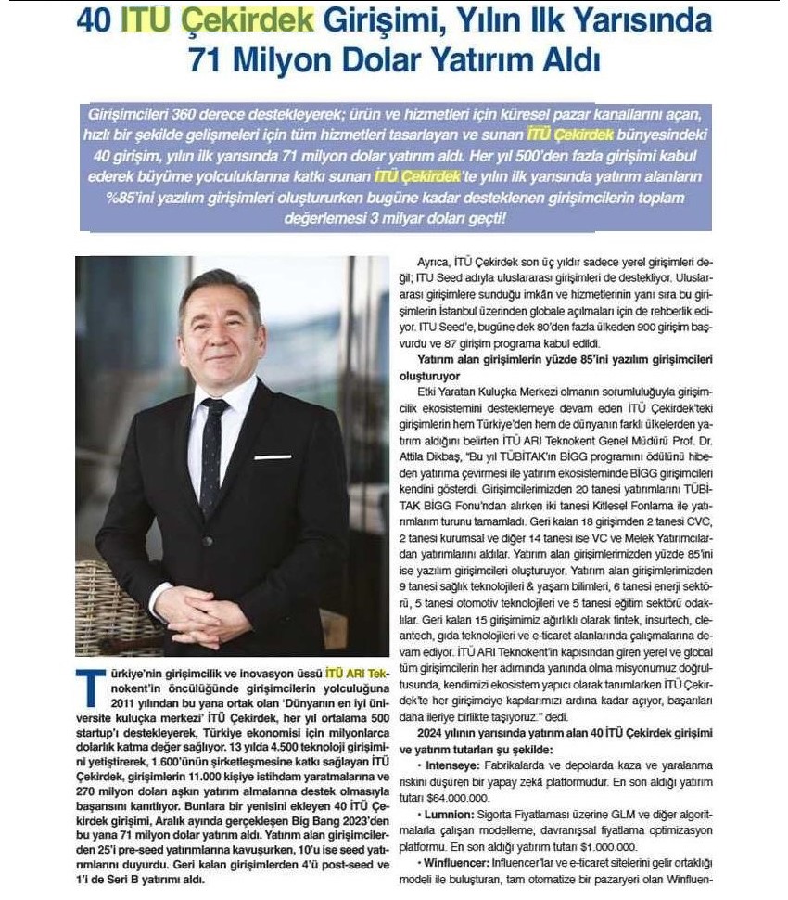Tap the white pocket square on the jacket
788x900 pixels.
273,456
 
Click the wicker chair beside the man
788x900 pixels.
103,603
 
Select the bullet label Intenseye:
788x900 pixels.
449,766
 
